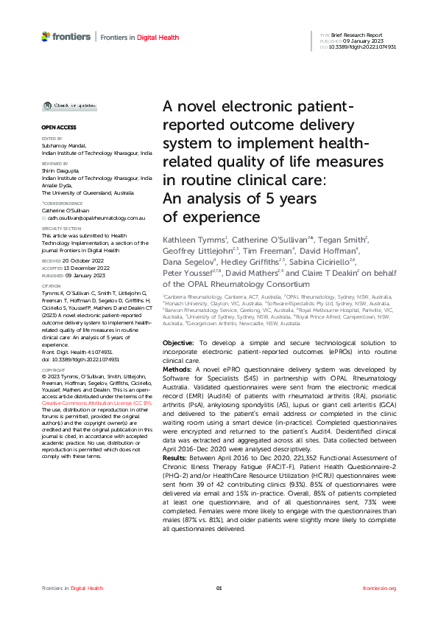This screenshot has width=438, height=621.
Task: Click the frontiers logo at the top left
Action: point(66,36)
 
